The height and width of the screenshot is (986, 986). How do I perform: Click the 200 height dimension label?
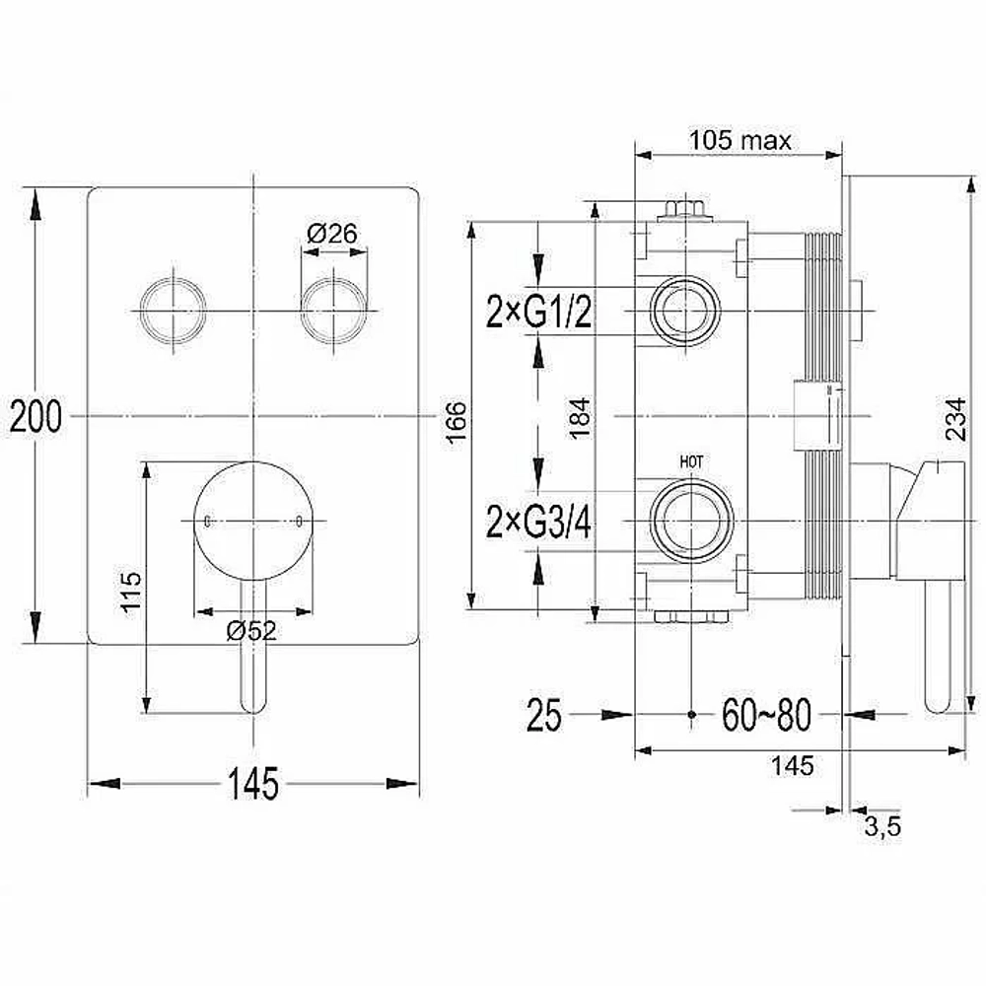(x=35, y=416)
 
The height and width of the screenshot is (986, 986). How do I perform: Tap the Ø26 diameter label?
(x=332, y=234)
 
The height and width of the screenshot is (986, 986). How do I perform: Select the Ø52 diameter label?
(x=251, y=630)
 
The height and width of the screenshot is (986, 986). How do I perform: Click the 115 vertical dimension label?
(x=131, y=591)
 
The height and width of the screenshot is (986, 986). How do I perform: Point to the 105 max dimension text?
(x=740, y=140)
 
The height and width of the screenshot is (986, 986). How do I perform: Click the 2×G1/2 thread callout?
(x=539, y=311)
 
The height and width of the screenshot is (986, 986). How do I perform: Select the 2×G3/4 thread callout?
(x=539, y=522)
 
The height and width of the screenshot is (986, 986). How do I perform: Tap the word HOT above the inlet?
(x=691, y=461)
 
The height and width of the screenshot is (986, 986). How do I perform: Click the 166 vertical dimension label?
(x=457, y=422)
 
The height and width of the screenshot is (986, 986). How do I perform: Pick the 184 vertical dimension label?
(x=579, y=417)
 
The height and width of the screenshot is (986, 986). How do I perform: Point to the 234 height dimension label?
(x=954, y=419)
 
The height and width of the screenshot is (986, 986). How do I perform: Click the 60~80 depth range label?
(x=766, y=715)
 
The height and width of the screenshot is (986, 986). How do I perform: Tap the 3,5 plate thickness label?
(x=882, y=825)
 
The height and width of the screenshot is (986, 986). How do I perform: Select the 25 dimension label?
(x=544, y=715)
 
